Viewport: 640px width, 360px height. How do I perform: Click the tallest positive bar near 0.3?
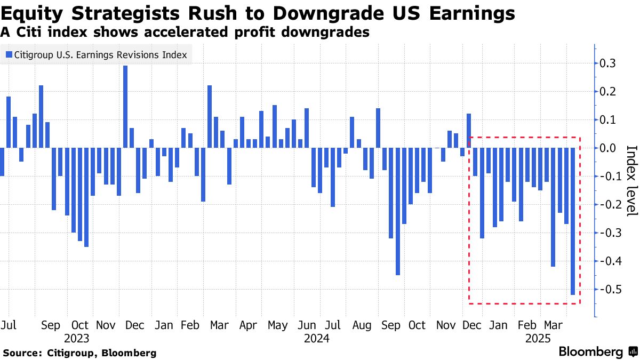coord(125,107)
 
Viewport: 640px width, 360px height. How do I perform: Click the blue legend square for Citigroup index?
coord(9,54)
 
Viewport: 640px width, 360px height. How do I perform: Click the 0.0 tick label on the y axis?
coord(609,148)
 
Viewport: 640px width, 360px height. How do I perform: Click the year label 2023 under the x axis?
coord(76,339)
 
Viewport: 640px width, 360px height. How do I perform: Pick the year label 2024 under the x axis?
coord(316,339)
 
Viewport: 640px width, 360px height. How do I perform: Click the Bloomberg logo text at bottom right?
coord(590,352)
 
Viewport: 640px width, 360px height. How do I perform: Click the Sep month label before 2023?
coord(51,325)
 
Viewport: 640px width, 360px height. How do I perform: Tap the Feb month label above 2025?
coord(527,325)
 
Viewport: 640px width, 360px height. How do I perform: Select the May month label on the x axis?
coord(277,325)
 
